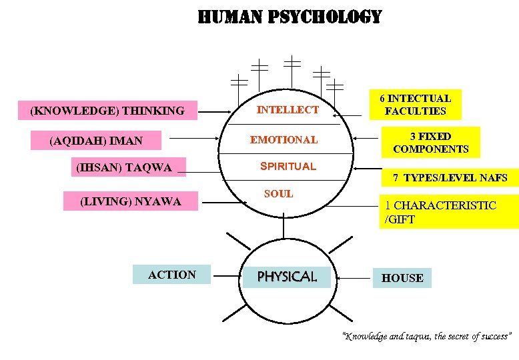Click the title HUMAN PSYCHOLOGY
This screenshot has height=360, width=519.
(290, 17)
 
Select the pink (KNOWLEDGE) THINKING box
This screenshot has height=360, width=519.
(107, 111)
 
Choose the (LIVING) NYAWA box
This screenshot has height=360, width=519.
(131, 201)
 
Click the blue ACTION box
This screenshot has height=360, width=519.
(172, 275)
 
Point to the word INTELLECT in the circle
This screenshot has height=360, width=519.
(288, 109)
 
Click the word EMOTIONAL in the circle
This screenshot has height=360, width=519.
(284, 140)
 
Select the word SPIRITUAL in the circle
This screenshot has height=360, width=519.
(288, 166)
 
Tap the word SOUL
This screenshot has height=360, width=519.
(278, 194)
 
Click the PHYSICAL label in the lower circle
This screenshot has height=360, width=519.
(287, 276)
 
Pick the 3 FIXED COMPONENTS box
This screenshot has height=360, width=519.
(430, 143)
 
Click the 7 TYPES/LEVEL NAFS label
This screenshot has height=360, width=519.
(450, 178)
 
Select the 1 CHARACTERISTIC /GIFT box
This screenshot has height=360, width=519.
(448, 212)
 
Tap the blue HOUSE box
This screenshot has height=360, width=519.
(402, 278)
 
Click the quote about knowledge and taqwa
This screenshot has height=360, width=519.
(426, 336)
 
